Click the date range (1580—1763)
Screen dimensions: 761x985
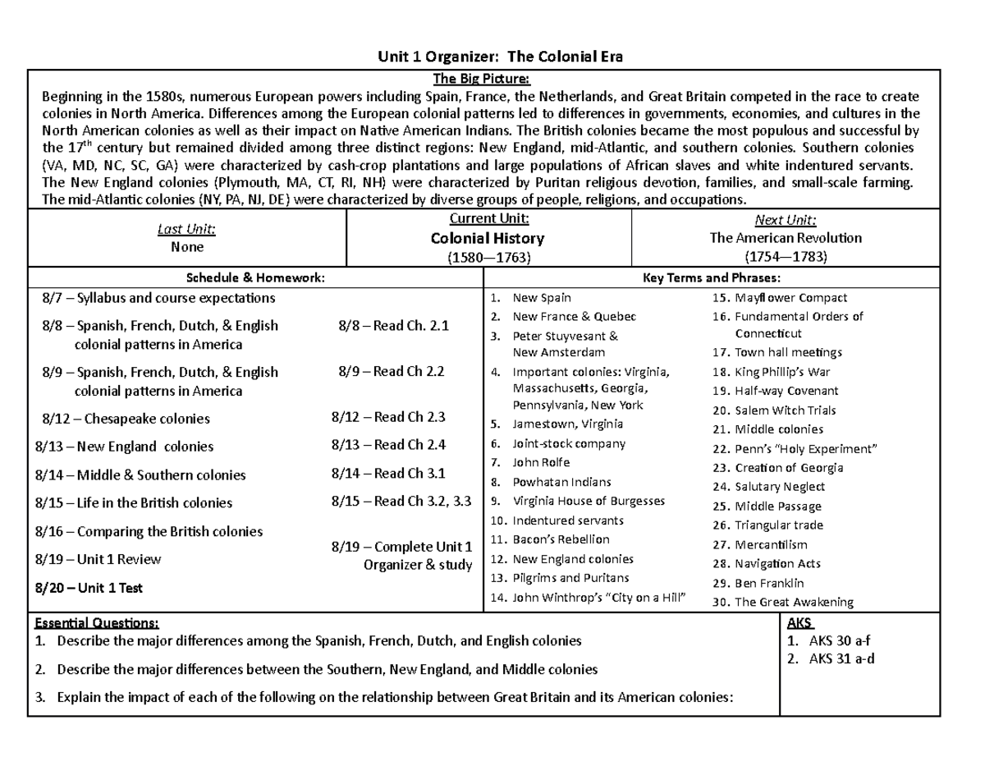pyautogui.click(x=488, y=256)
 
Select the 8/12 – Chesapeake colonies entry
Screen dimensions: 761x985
pyautogui.click(x=126, y=419)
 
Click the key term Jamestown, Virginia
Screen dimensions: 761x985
pyautogui.click(x=566, y=424)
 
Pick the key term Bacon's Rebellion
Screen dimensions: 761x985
pyautogui.click(x=561, y=539)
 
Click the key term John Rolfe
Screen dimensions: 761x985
pyautogui.click(x=541, y=462)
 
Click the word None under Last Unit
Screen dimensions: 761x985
pyautogui.click(x=187, y=246)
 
